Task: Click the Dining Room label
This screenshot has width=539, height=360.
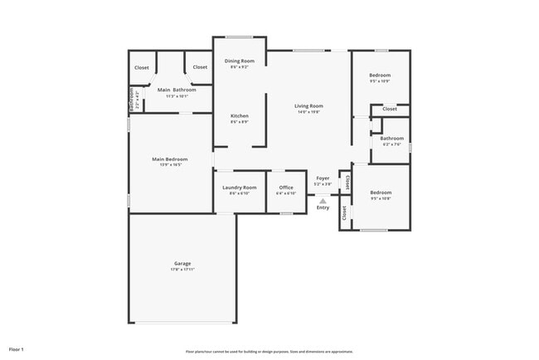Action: click(240, 61)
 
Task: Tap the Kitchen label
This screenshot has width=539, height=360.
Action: click(240, 115)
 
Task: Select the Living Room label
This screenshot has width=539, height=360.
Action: click(308, 105)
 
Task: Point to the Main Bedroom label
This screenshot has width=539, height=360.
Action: click(169, 158)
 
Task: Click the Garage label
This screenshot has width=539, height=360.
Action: click(182, 263)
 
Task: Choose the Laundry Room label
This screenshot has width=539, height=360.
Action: click(239, 187)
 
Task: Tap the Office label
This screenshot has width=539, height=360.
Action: click(286, 187)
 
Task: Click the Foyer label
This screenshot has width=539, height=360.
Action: click(323, 178)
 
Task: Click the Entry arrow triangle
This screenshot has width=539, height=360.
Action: click(323, 200)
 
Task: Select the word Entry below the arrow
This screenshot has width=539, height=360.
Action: click(323, 207)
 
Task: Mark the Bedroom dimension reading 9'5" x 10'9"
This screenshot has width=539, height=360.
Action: click(380, 81)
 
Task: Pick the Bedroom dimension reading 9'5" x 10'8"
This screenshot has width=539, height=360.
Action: click(380, 198)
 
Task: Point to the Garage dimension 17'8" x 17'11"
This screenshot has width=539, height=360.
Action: click(182, 270)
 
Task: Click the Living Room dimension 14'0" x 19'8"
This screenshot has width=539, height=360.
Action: click(308, 112)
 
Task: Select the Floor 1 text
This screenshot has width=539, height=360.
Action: click(17, 349)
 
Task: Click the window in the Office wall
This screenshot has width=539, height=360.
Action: click(286, 213)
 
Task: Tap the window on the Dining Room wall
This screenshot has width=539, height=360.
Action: click(240, 36)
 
